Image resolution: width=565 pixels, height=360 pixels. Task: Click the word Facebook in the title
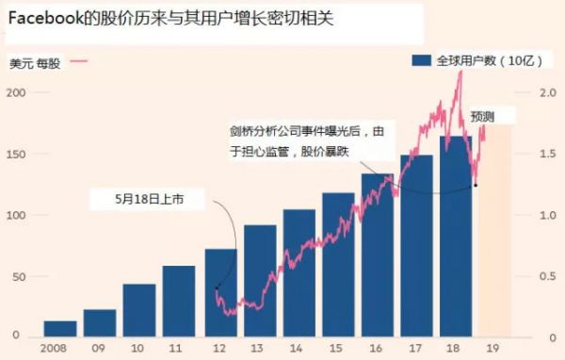coord(49,19)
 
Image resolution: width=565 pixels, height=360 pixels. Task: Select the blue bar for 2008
coord(60,329)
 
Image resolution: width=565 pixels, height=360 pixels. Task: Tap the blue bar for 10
coord(139,310)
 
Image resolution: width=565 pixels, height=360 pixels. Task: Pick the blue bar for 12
coord(219,293)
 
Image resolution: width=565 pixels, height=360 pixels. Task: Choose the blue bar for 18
coord(456,237)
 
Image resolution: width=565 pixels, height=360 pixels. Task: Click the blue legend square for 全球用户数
coord(421,59)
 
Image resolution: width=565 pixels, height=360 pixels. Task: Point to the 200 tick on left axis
coord(15,92)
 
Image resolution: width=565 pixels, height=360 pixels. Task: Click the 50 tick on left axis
coord(18,276)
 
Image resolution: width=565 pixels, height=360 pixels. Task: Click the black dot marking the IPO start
coord(218,287)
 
